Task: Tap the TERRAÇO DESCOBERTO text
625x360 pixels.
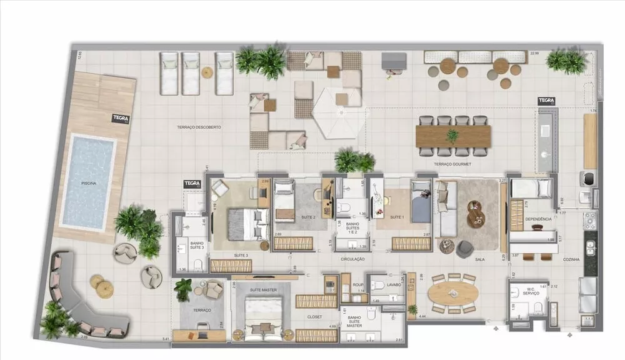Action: (199, 127)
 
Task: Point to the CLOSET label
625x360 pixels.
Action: (314, 317)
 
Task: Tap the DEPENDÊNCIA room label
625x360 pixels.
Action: (537, 219)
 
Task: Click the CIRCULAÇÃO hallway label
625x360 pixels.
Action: (352, 259)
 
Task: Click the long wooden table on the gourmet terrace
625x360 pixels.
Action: (453, 136)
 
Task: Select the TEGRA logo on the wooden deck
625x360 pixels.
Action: (120, 117)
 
